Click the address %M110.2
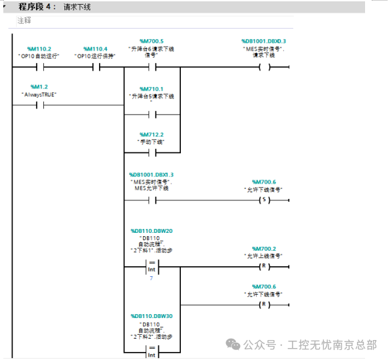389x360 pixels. [x=39, y=49]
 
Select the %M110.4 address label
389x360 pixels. [x=95, y=49]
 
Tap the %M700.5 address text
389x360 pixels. [x=152, y=41]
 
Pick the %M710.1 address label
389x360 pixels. [x=152, y=89]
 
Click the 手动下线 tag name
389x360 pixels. [x=152, y=142]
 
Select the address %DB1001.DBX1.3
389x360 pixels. [x=152, y=174]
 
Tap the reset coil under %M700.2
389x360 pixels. [x=264, y=267]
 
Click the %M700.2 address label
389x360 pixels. [x=264, y=248]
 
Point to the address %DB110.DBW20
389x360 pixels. [x=152, y=230]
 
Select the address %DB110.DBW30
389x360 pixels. [x=152, y=315]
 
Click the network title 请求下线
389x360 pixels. [x=76, y=7]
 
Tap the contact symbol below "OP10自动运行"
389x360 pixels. [x=39, y=67]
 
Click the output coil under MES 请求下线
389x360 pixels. [x=264, y=67]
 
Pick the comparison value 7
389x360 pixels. [x=152, y=276]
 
